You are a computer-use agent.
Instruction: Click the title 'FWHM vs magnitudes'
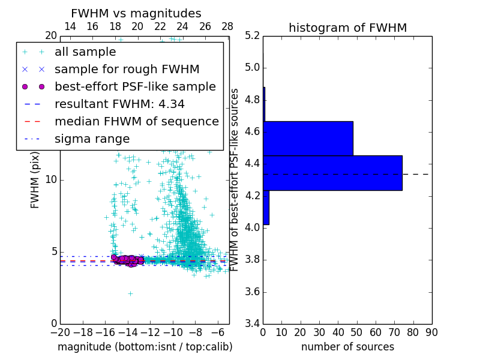coord(136,13)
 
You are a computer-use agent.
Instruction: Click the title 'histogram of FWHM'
coord(347,28)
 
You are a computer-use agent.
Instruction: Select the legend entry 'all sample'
coord(85,52)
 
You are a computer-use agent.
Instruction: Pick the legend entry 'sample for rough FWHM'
coord(127,70)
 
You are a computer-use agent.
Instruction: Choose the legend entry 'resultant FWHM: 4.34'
coord(119,104)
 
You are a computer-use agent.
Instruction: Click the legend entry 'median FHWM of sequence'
coord(136,122)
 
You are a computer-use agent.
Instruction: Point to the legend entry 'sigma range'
coord(92,139)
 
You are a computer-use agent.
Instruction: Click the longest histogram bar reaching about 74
coord(332,173)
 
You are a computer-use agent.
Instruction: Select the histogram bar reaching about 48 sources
coord(308,138)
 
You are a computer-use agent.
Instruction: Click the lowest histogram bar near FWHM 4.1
coord(266,208)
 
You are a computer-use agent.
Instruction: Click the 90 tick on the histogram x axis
coord(431,332)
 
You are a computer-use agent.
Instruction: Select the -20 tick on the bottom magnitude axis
coord(60,332)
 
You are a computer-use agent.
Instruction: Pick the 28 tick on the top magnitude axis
coord(227,26)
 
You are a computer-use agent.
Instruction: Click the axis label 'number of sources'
coord(347,347)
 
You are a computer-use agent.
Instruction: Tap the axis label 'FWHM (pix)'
coord(35,180)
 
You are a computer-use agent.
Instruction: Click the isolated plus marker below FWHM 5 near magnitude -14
coord(130,293)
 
